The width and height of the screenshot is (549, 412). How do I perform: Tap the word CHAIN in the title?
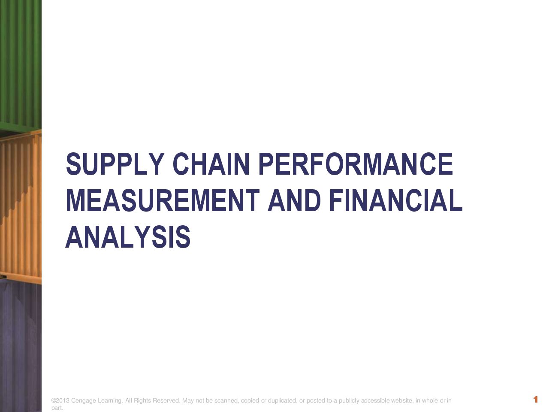coord(211,164)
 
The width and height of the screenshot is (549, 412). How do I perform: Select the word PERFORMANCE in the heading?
coord(356,164)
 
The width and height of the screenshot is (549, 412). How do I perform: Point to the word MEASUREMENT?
coord(163,200)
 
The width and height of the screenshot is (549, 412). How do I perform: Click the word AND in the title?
coord(294,200)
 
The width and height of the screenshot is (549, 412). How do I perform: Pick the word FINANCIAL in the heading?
coord(396,200)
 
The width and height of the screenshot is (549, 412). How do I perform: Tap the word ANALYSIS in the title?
coord(128,237)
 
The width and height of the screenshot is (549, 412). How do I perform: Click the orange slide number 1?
coord(536,399)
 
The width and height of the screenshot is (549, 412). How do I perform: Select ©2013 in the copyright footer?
coord(60,400)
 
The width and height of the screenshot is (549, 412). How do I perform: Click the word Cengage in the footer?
coord(84,401)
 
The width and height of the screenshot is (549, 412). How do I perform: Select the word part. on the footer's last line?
coord(57,408)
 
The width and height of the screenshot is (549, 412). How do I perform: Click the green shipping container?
coord(21,65)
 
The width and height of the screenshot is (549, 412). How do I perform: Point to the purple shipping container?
coord(21,346)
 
